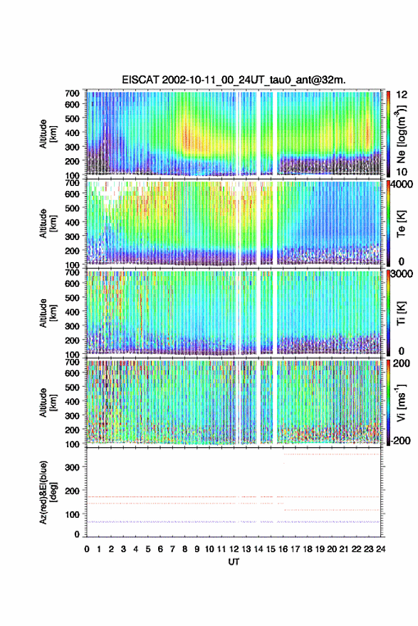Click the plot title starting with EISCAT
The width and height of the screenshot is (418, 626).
click(234, 80)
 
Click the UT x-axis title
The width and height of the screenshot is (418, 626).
click(234, 562)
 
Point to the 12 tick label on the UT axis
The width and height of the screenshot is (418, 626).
click(234, 549)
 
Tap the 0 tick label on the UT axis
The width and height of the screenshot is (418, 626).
click(87, 549)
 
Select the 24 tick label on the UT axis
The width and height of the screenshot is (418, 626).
click(380, 549)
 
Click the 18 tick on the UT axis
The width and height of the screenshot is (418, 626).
click(307, 549)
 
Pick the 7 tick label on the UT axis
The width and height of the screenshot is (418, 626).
click(172, 549)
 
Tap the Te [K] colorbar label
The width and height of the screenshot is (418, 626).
click(401, 224)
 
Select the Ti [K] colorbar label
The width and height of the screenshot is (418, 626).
click(401, 313)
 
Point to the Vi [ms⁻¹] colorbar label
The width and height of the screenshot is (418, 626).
click(401, 402)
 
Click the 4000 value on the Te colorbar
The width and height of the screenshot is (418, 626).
click(401, 184)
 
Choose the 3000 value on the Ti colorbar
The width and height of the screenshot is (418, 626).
click(401, 273)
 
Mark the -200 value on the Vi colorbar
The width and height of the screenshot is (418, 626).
click(400, 440)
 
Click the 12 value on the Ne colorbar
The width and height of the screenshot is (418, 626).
click(402, 95)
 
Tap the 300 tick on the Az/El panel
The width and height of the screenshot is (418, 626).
click(72, 467)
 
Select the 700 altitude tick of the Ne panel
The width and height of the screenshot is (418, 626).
click(72, 93)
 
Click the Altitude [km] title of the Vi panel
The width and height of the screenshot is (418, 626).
click(47, 402)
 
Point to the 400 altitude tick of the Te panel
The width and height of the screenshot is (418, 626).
click(72, 222)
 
